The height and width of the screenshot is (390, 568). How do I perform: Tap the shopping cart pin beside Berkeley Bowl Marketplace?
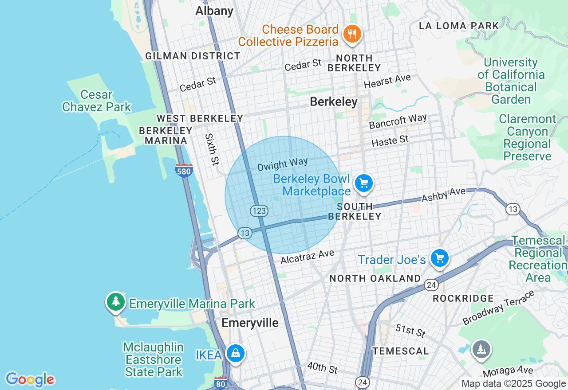pyautogui.click(x=363, y=183)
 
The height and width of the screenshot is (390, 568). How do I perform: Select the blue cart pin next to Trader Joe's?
pyautogui.click(x=439, y=258)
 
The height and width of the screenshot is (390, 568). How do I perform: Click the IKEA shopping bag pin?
pyautogui.click(x=235, y=353)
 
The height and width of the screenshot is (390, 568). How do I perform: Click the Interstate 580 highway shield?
pyautogui.click(x=184, y=171)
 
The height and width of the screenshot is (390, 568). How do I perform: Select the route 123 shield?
pyautogui.click(x=259, y=211)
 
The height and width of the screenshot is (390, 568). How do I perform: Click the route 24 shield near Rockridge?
pyautogui.click(x=431, y=285)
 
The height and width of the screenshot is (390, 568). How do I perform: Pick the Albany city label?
pyautogui.click(x=214, y=11)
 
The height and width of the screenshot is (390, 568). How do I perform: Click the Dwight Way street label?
pyautogui.click(x=283, y=164)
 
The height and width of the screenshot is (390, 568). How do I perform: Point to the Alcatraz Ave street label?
pyautogui.click(x=307, y=256)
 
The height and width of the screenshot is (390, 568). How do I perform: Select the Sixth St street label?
pyautogui.click(x=212, y=149)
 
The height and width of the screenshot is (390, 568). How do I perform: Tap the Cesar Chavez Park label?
pyautogui.click(x=97, y=101)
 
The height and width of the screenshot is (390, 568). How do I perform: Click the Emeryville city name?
pyautogui.click(x=250, y=323)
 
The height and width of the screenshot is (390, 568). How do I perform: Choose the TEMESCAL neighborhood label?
pyautogui.click(x=401, y=351)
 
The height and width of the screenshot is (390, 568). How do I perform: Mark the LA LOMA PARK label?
pyautogui.click(x=459, y=26)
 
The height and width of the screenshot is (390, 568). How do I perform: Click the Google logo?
pyautogui.click(x=30, y=379)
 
